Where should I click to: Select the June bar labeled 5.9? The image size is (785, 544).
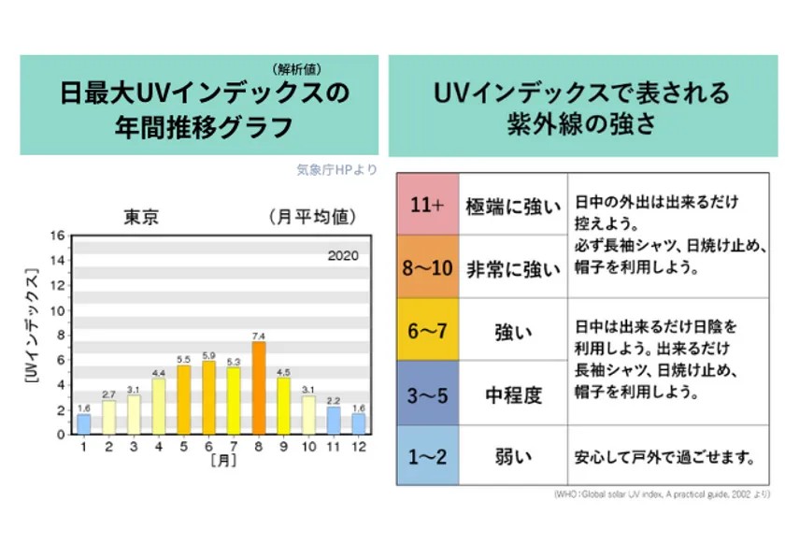208,397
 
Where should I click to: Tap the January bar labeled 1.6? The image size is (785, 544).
83,423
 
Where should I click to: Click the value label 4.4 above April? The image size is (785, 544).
158,372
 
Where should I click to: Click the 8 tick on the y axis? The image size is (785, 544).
60,335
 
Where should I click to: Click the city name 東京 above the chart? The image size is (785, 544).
141,218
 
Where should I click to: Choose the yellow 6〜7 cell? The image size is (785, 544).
426,331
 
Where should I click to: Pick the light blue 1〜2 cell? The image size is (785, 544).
426,457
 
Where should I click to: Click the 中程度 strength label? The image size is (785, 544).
513,394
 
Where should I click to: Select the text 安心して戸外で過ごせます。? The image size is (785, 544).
664,457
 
